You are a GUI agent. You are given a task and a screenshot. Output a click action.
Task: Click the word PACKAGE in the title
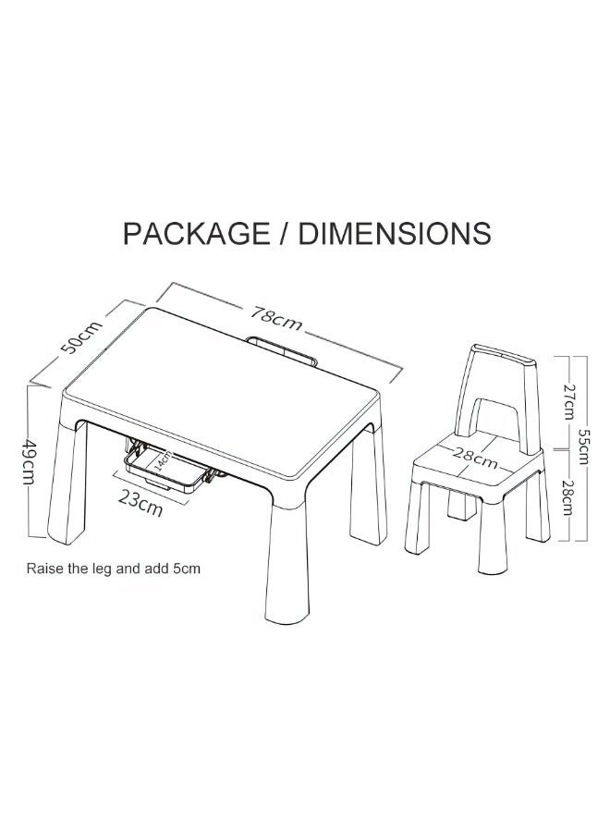coord(196,233)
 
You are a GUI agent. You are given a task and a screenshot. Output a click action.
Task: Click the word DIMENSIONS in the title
coord(394,233)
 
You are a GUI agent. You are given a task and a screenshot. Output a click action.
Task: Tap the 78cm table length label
coord(275,317)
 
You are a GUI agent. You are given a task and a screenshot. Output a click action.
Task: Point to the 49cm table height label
coord(28,461)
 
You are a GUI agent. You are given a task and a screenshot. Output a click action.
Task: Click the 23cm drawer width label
coord(140,502)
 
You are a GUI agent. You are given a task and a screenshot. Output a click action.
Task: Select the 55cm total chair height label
coord(582,447)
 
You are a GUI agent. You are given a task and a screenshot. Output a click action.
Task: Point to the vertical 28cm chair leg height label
coord(567,497)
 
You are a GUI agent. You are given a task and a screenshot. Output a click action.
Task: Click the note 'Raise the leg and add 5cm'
coord(114,569)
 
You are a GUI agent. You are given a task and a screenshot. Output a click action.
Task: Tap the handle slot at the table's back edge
coord(281,350)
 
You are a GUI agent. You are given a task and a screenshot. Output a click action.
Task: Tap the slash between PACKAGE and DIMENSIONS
coord(285,234)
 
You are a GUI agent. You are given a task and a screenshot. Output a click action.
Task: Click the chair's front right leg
coord(493,537)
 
